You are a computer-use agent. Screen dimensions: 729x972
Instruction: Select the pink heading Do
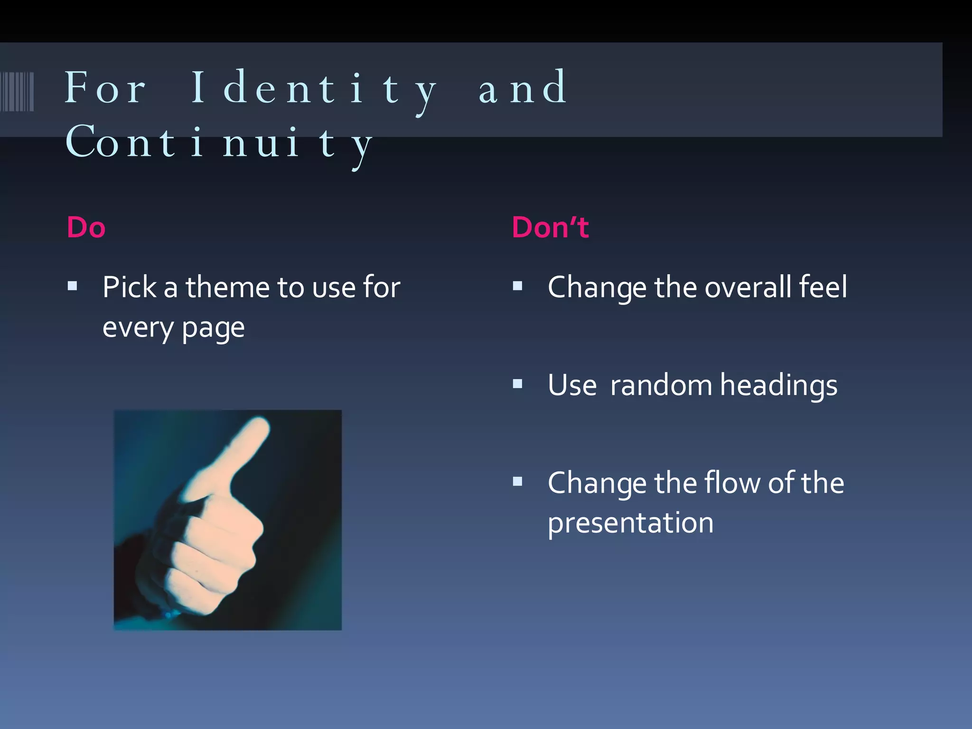[x=86, y=227]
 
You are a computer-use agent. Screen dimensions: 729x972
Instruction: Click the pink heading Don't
[x=550, y=227]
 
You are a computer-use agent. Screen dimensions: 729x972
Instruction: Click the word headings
[x=778, y=385]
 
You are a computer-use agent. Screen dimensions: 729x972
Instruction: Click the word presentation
[x=630, y=523]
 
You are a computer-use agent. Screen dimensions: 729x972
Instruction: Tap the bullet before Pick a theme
[x=72, y=286]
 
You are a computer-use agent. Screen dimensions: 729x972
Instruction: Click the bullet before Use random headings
[x=517, y=383]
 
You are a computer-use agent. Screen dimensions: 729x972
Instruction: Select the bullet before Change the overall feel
[x=517, y=286]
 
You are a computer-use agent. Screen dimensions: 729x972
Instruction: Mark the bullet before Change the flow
[x=517, y=482]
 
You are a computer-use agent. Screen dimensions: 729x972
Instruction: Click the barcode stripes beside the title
[x=17, y=91]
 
